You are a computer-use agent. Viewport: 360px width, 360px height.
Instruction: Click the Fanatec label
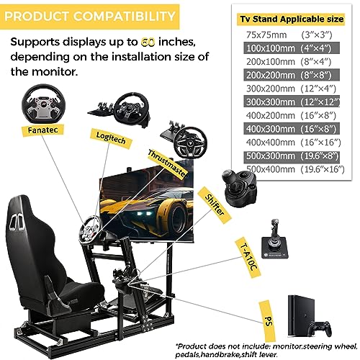(42, 130)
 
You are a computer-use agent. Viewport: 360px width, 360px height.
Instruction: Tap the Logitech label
(111, 138)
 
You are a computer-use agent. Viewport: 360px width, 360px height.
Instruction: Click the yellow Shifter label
(215, 204)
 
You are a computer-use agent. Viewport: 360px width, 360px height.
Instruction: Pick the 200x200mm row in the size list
(292, 76)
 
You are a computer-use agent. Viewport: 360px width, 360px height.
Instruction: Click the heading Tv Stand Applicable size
(292, 19)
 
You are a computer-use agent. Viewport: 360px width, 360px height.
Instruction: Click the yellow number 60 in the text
(148, 42)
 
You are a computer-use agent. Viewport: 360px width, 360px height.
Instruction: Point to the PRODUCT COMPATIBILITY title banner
(89, 17)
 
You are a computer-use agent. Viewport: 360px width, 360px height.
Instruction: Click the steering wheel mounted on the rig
(90, 230)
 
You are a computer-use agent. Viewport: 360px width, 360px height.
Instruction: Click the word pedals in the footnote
(187, 354)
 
